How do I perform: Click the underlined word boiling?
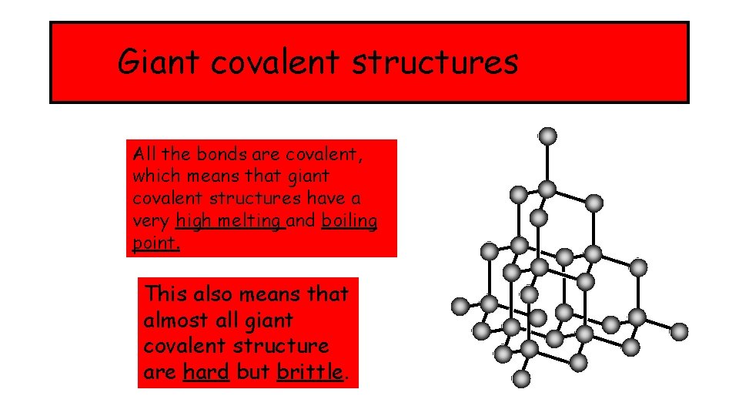tap(349, 221)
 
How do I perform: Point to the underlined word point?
tap(156, 243)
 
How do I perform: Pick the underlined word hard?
tap(206, 372)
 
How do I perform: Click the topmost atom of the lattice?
tap(547, 136)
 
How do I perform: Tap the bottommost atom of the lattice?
tap(521, 378)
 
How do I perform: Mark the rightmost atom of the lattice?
tap(679, 331)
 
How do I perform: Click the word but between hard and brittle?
tap(252, 372)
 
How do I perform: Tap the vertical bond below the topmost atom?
tap(547, 163)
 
